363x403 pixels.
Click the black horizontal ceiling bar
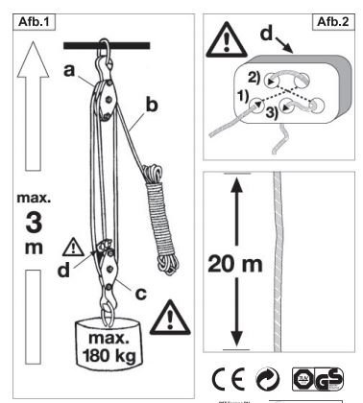pyautogui.click(x=107, y=44)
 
